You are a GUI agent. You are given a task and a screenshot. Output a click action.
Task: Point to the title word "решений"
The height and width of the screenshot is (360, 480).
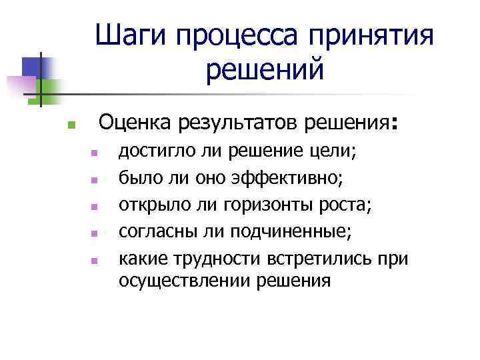click(265, 69)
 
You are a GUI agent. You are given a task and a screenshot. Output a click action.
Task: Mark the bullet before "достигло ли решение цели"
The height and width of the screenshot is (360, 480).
click(95, 153)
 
